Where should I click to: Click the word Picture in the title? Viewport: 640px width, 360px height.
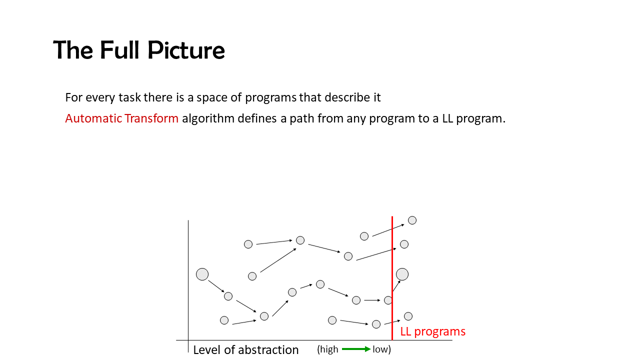186,50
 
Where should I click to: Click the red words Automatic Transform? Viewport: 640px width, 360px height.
121,118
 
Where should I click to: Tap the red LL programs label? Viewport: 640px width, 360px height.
432,331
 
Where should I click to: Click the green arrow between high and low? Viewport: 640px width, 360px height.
356,349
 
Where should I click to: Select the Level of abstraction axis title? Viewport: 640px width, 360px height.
245,349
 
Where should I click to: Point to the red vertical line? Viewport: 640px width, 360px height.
392,278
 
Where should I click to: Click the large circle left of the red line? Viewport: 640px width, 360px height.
202,274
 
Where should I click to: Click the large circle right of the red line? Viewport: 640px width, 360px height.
402,274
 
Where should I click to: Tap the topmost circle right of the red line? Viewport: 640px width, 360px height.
412,220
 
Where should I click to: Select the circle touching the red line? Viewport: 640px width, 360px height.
388,300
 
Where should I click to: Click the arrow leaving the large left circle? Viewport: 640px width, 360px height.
216,286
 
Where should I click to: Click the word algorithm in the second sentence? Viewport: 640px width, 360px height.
208,118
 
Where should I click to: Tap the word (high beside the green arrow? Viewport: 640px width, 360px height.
327,349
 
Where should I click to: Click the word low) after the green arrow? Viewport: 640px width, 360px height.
381,349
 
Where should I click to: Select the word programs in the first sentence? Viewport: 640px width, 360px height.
271,98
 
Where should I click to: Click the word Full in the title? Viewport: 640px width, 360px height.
119,50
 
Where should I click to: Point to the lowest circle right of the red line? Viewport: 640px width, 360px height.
408,316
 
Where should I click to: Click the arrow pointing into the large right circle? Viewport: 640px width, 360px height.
396,286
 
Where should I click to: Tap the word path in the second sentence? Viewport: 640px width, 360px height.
302,118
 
